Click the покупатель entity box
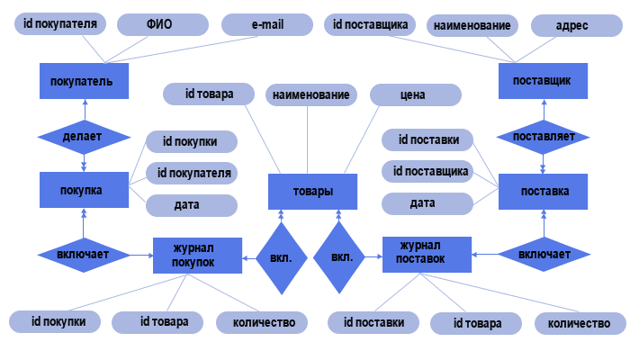(x=84, y=81)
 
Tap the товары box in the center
(x=313, y=191)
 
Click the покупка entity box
(x=84, y=191)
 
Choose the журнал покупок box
(x=196, y=256)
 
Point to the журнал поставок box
(x=427, y=256)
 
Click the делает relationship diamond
(x=84, y=137)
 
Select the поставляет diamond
(x=543, y=137)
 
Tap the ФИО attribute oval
(x=159, y=24)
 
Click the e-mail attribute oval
(x=267, y=24)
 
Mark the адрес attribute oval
(x=572, y=25)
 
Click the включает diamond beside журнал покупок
(x=84, y=256)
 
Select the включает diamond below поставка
(x=543, y=256)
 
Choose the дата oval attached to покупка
(x=191, y=205)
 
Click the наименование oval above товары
(x=311, y=94)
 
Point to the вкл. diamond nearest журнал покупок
(x=281, y=256)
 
